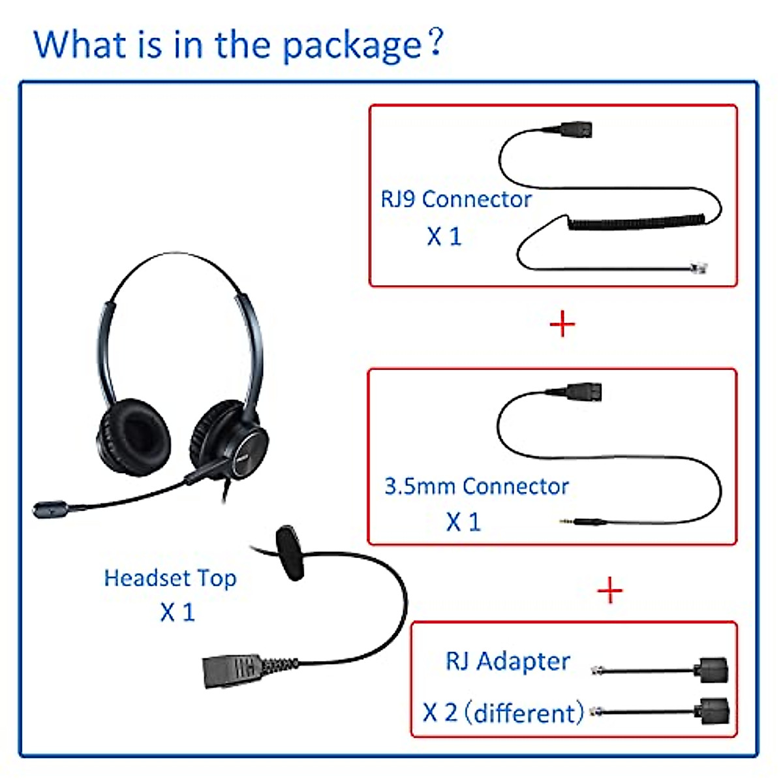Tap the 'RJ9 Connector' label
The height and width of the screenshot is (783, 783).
455,199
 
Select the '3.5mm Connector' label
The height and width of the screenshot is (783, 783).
476,486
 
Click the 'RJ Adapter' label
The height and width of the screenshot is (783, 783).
508,661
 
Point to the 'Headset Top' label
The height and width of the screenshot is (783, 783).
170,578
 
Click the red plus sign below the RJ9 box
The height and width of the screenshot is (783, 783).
562,324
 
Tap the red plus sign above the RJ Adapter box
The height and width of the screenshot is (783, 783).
609,591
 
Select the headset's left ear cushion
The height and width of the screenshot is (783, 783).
134,436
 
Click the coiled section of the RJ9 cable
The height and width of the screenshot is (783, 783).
643,222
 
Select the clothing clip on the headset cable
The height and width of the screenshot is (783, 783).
290,553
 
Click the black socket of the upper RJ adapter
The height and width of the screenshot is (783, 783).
712,670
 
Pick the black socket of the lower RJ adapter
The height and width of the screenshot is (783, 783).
713,711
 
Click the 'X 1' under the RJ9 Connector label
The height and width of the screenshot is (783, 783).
444,236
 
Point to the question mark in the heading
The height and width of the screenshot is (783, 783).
436,42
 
